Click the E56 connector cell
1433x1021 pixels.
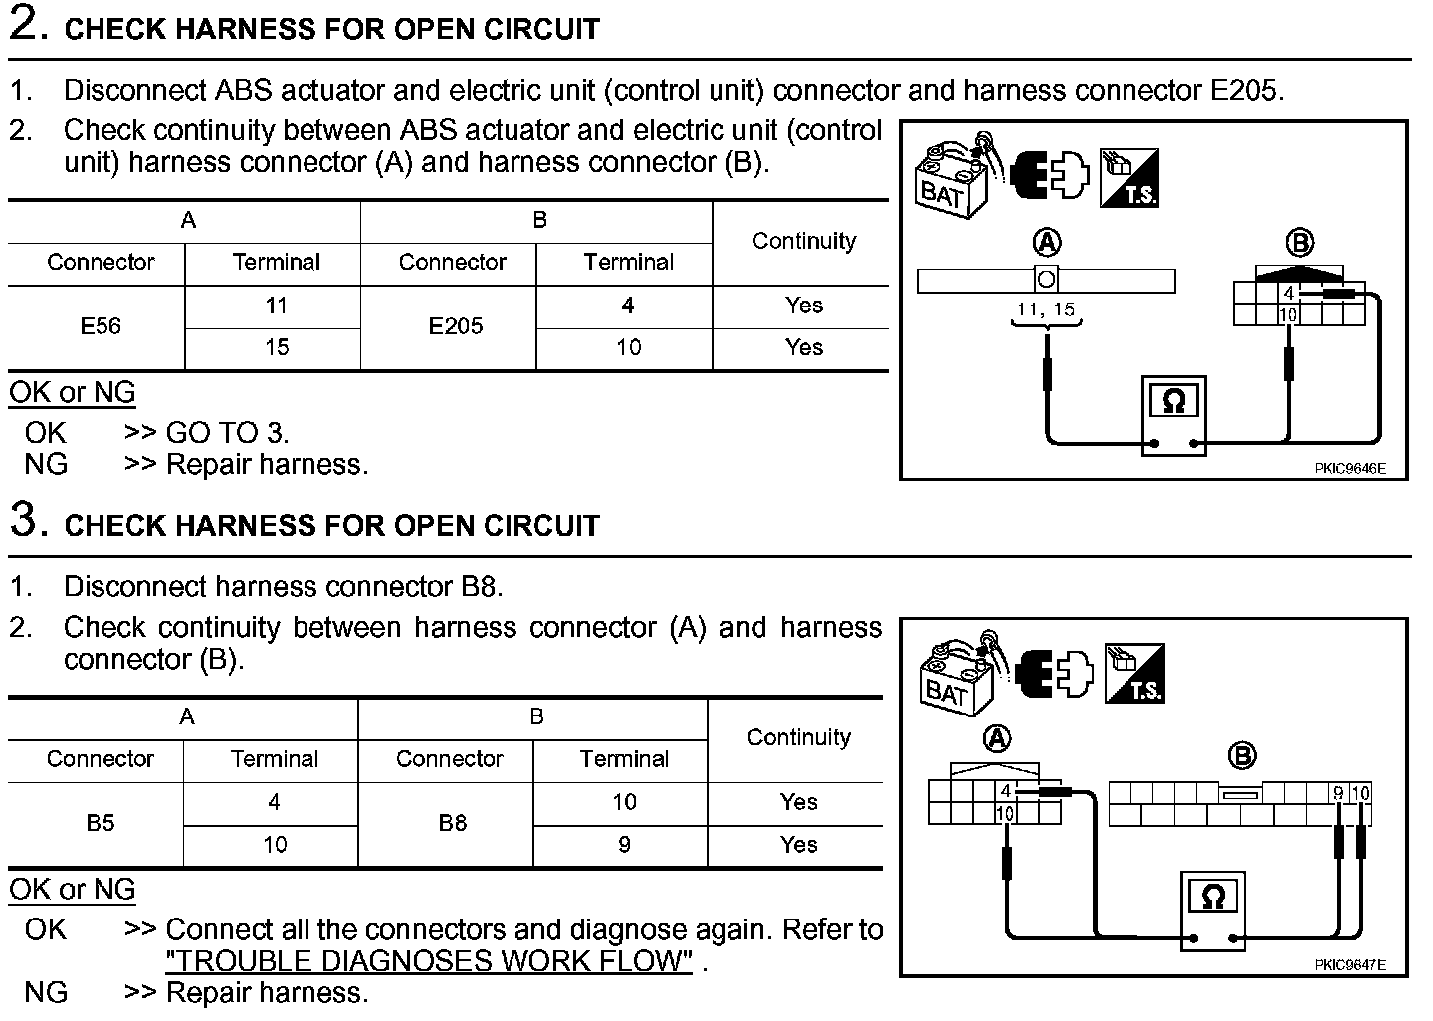pos(100,326)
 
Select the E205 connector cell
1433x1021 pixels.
pos(455,326)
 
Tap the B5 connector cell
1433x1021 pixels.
pos(100,824)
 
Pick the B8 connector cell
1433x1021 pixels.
pos(452,824)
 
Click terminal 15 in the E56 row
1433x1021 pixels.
pos(276,347)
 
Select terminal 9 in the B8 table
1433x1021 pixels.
pos(624,845)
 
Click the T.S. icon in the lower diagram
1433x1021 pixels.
pos(1133,674)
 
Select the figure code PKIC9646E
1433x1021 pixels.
pos(1348,468)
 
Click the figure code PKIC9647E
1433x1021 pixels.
pos(1348,964)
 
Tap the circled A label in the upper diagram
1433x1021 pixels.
pos(1047,242)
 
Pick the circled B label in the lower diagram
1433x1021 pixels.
pos(1241,757)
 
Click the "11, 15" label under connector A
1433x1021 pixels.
pos(1045,309)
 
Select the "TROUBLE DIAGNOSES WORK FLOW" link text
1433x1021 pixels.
pos(428,961)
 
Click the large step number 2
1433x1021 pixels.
pos(28,24)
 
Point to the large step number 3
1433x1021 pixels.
pos(28,519)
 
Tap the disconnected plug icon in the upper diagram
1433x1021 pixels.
pos(1049,176)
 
